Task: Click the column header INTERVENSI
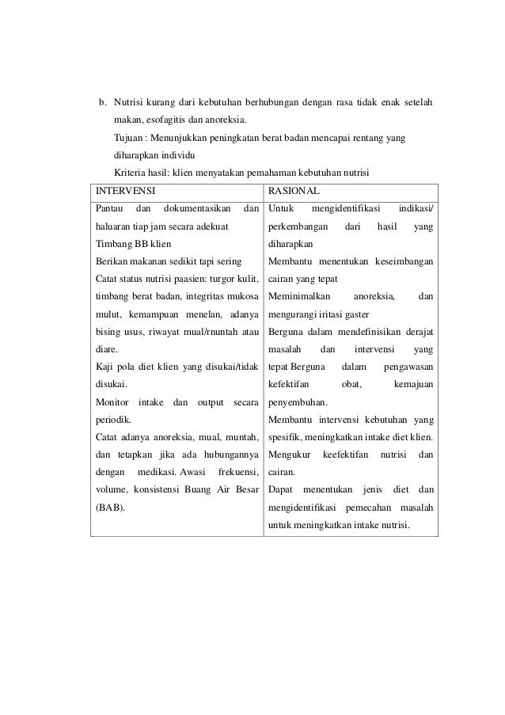pos(124,192)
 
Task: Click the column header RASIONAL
pos(294,192)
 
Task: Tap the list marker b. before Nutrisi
pos(101,103)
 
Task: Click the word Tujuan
pos(129,138)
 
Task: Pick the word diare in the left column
pos(106,348)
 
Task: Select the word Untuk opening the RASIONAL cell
pos(280,209)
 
